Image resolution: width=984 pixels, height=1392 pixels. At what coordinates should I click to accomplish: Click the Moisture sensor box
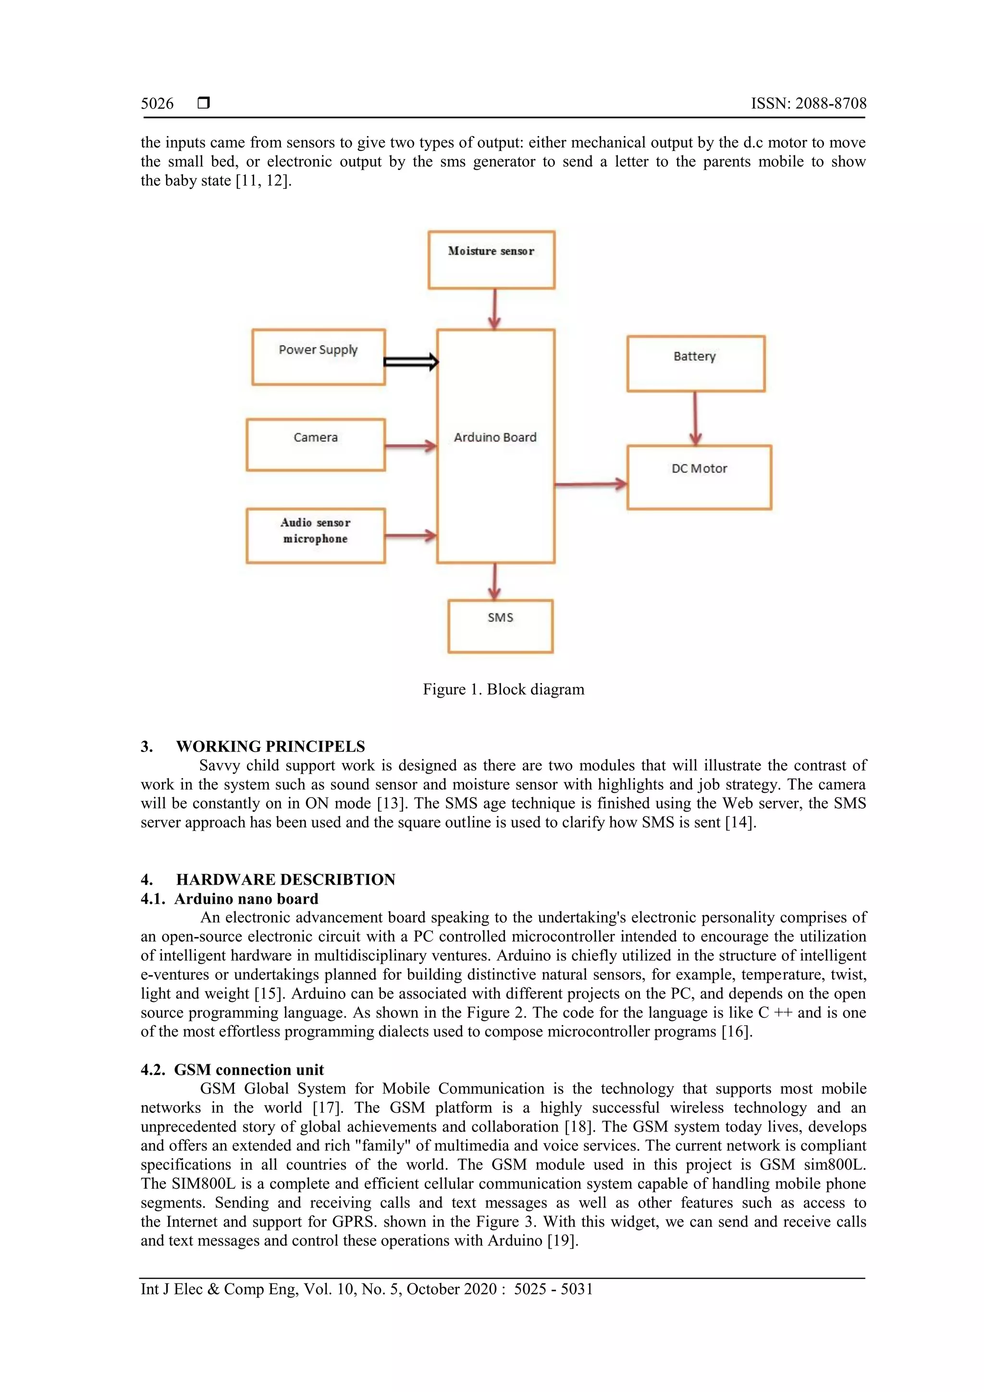point(491,259)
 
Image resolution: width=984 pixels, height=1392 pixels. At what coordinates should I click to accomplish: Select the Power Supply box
point(318,357)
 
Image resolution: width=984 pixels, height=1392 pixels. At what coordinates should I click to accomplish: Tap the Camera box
point(315,444)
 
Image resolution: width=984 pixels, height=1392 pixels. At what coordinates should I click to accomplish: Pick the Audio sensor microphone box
point(315,535)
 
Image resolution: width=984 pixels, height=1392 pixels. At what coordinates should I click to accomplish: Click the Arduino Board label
point(495,437)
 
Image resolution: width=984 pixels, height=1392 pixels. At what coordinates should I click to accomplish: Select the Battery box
point(695,364)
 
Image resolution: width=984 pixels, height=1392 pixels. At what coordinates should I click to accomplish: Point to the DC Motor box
point(699,477)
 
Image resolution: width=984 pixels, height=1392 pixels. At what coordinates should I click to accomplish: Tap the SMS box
point(500,626)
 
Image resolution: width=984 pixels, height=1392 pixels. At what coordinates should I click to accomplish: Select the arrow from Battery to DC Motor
point(695,419)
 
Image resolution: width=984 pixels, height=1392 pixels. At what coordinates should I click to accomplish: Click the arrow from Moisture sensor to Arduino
point(495,308)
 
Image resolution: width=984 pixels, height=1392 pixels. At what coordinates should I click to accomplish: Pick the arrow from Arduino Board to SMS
point(495,581)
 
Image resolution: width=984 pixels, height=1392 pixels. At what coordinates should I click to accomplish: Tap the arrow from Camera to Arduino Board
point(410,447)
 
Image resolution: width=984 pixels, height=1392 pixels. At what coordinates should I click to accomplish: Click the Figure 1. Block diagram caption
point(503,690)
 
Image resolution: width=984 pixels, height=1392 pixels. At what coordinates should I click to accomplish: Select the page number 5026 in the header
point(157,104)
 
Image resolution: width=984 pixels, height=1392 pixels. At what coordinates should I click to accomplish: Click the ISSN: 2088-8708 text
point(808,104)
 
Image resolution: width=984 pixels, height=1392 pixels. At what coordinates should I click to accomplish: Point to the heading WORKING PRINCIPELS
point(271,746)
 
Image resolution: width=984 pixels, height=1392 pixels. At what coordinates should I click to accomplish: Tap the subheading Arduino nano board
point(246,899)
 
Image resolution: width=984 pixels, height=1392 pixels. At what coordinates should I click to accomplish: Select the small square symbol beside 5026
point(204,103)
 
